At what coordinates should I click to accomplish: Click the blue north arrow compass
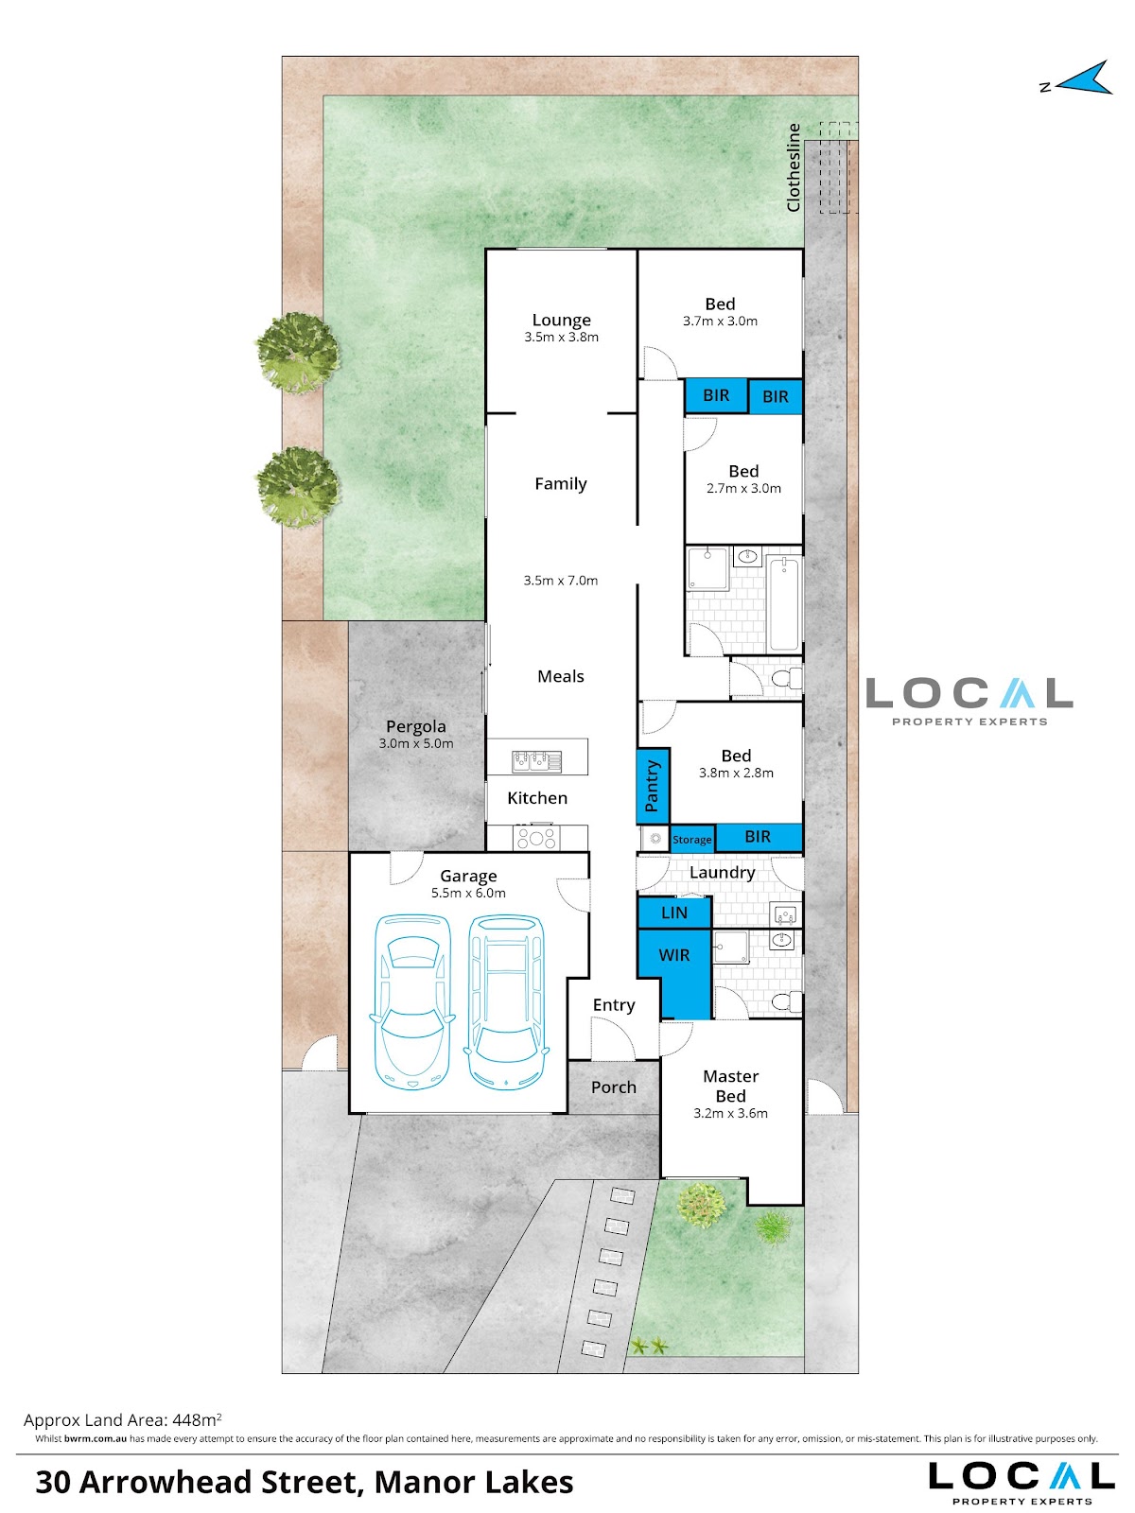1082,79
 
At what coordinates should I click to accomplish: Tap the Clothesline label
794,167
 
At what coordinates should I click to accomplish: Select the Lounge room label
561,320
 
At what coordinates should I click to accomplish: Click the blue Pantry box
653,785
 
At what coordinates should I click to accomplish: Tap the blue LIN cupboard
673,913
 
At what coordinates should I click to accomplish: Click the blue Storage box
692,839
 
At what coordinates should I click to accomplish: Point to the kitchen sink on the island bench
536,761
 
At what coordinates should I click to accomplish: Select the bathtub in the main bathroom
783,604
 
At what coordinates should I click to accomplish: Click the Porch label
613,1087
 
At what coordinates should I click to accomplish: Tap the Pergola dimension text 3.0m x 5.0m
415,744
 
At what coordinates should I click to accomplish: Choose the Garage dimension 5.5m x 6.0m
468,894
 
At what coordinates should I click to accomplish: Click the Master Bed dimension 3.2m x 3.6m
730,1113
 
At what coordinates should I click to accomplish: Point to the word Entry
613,1005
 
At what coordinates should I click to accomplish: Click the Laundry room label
723,873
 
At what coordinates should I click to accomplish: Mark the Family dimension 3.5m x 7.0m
560,581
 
